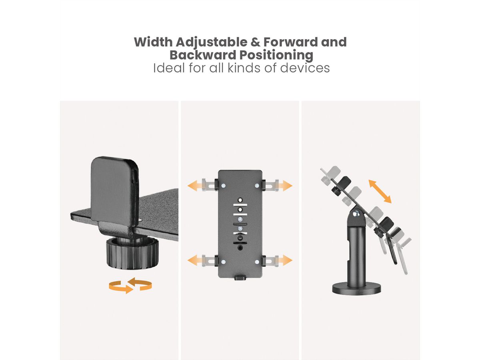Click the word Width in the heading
point(153,42)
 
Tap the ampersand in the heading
point(255,42)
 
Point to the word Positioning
point(276,56)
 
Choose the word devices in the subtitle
point(305,68)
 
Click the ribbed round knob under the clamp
point(132,254)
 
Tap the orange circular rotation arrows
point(130,285)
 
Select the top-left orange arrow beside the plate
point(195,186)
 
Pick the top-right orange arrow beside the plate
point(285,186)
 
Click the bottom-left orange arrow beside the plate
point(195,260)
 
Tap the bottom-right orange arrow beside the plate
point(285,260)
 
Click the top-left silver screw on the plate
point(223,186)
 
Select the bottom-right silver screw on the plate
point(257,262)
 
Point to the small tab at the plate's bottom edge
point(240,278)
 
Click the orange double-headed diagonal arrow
point(380,192)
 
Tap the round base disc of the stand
point(356,289)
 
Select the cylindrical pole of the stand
point(356,256)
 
